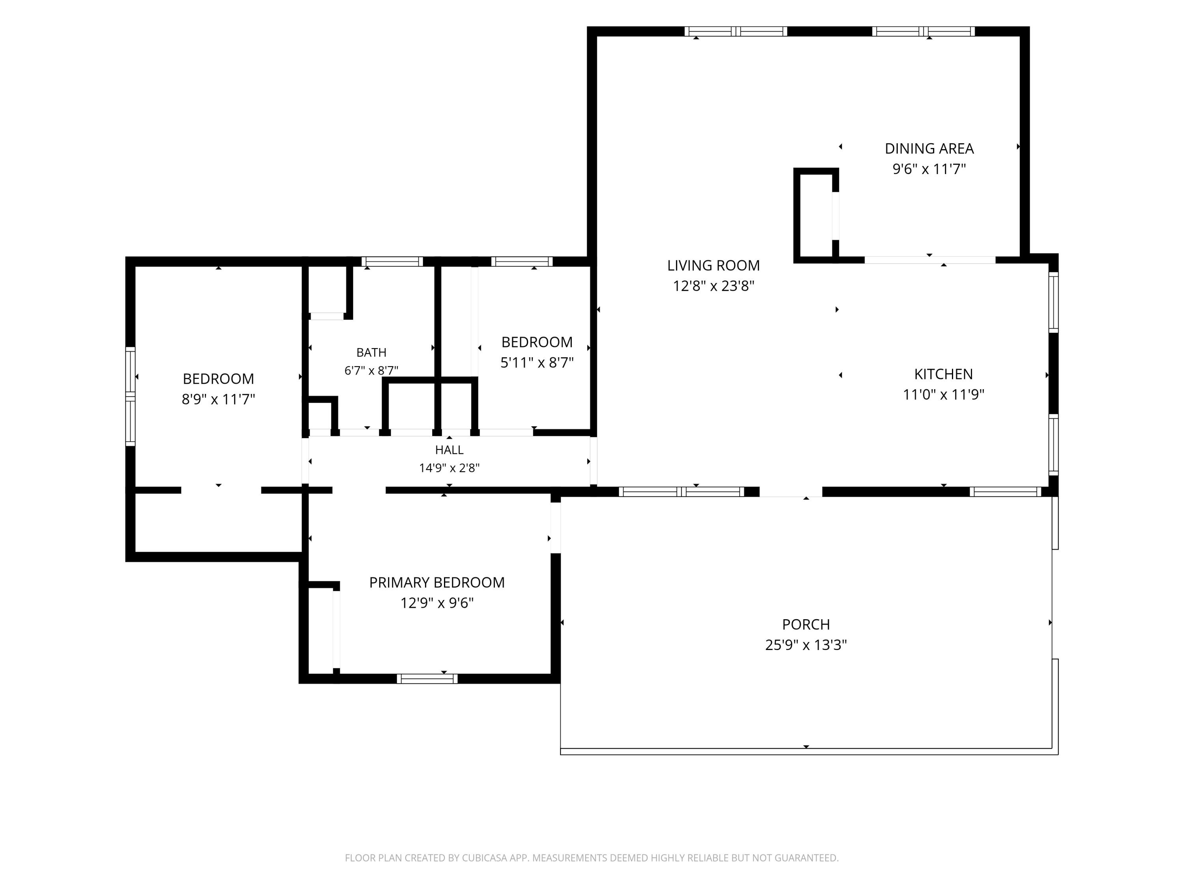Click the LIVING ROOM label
(714, 266)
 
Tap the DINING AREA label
(929, 148)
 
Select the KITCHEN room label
(944, 374)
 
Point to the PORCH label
(806, 625)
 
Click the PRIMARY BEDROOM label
(437, 583)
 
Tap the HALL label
(449, 450)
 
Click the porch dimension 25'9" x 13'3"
(806, 645)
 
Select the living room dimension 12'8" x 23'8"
(714, 286)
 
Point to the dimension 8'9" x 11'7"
(218, 399)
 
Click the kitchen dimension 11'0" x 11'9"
(944, 395)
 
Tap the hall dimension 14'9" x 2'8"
(449, 468)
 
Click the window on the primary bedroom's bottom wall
(427, 679)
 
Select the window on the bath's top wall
(392, 262)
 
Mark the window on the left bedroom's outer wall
(130, 396)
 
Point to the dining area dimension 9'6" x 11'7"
(929, 169)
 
